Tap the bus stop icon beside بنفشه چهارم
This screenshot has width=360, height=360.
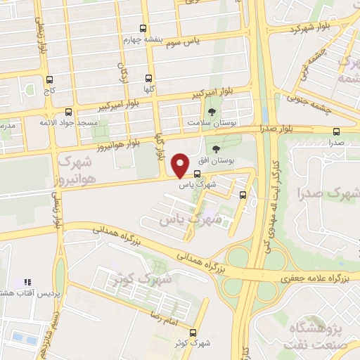(x=144, y=29)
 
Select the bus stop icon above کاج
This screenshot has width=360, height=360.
(x=49, y=80)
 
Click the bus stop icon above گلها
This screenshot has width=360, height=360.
(x=148, y=79)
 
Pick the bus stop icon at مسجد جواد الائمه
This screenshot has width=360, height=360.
(x=68, y=111)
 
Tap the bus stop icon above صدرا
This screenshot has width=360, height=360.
(x=336, y=131)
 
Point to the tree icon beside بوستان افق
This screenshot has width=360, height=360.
(x=215, y=148)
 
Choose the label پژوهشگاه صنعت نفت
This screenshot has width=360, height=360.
(x=323, y=335)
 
